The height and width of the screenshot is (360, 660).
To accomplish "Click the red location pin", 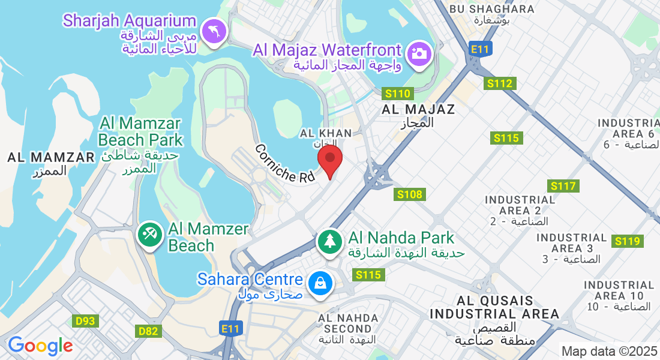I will (x=329, y=160).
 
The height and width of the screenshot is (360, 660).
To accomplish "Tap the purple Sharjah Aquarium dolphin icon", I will (x=214, y=31).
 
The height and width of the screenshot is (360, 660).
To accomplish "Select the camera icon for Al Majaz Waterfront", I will (x=419, y=53).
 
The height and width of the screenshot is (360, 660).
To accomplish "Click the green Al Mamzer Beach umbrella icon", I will (x=149, y=235).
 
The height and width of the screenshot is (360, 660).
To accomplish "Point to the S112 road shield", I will (x=500, y=83).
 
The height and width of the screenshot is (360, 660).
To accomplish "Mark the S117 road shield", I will (x=563, y=186).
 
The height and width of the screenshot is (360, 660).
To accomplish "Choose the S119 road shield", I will (x=628, y=241).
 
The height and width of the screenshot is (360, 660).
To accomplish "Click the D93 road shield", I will (x=86, y=321).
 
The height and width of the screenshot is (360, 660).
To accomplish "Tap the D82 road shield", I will (x=148, y=331).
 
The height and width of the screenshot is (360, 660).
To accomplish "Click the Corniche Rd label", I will (x=284, y=164).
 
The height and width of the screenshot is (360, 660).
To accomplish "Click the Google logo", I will (x=40, y=346).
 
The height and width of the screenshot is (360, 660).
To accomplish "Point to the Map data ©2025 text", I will (x=608, y=351).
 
